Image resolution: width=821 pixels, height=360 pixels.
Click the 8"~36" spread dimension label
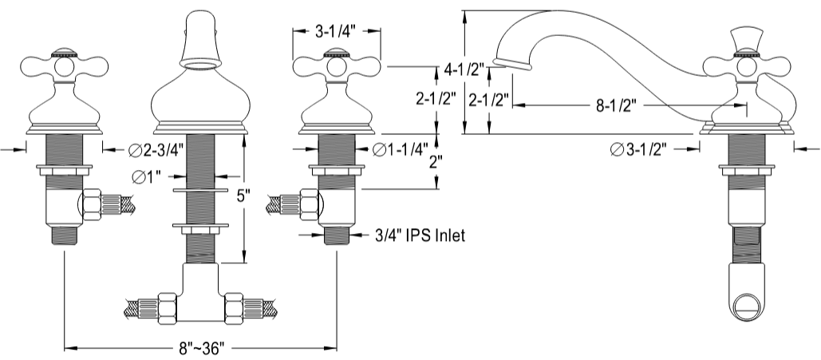[x=203, y=348]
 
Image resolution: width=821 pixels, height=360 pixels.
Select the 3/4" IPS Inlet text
[x=420, y=235]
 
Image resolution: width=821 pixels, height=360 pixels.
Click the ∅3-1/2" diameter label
[x=638, y=148]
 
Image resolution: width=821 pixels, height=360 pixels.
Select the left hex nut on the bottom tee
[x=169, y=307]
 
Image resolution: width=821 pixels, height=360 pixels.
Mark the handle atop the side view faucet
[x=745, y=40]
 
